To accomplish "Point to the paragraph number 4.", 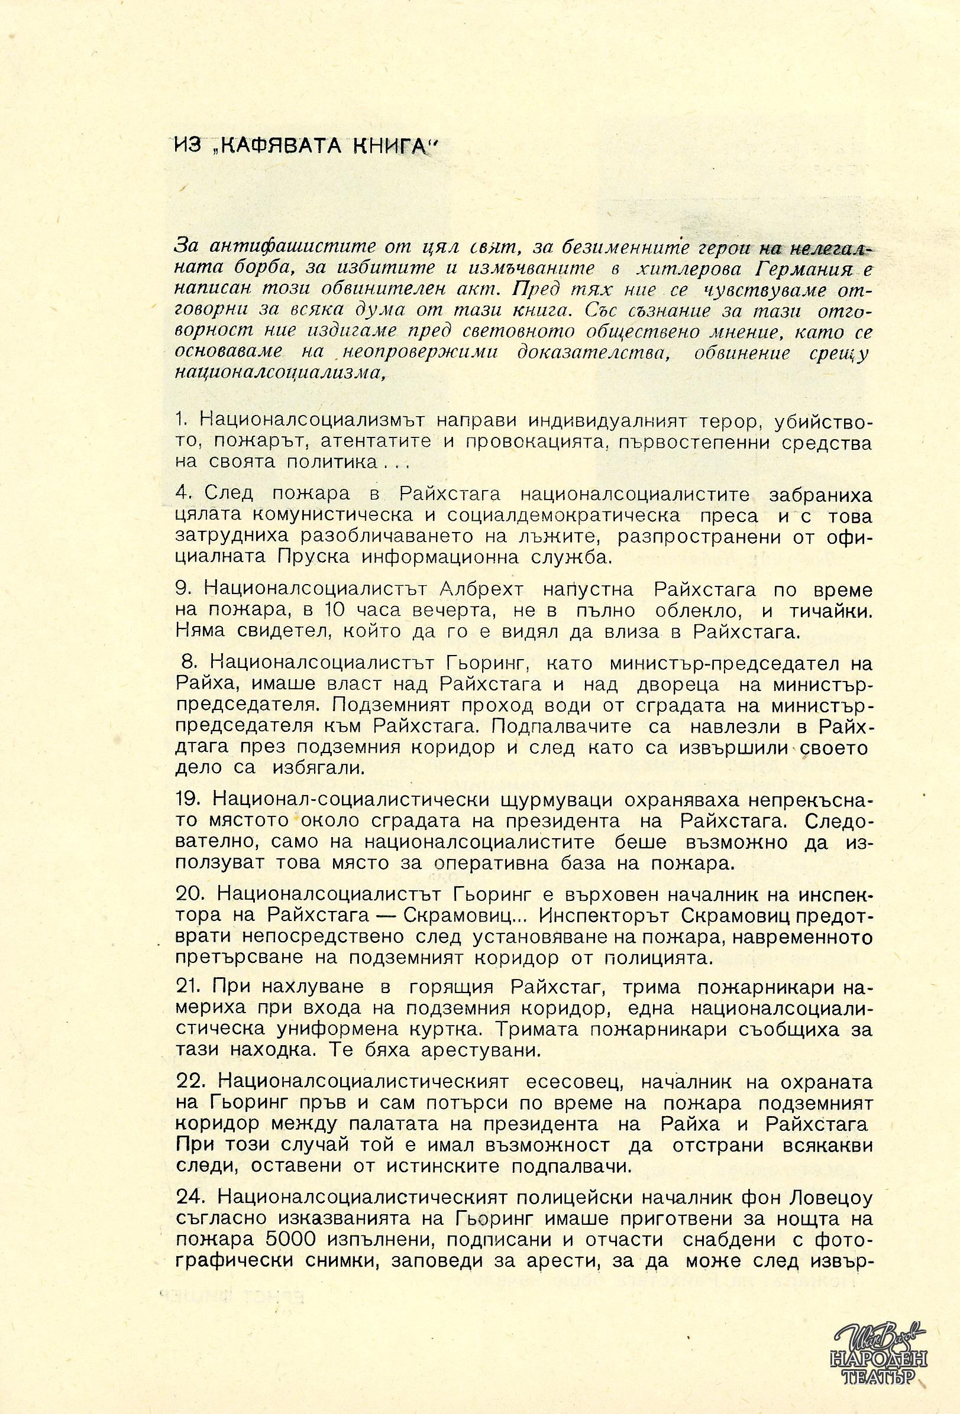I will pos(182,492).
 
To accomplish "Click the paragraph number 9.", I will pos(182,589).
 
